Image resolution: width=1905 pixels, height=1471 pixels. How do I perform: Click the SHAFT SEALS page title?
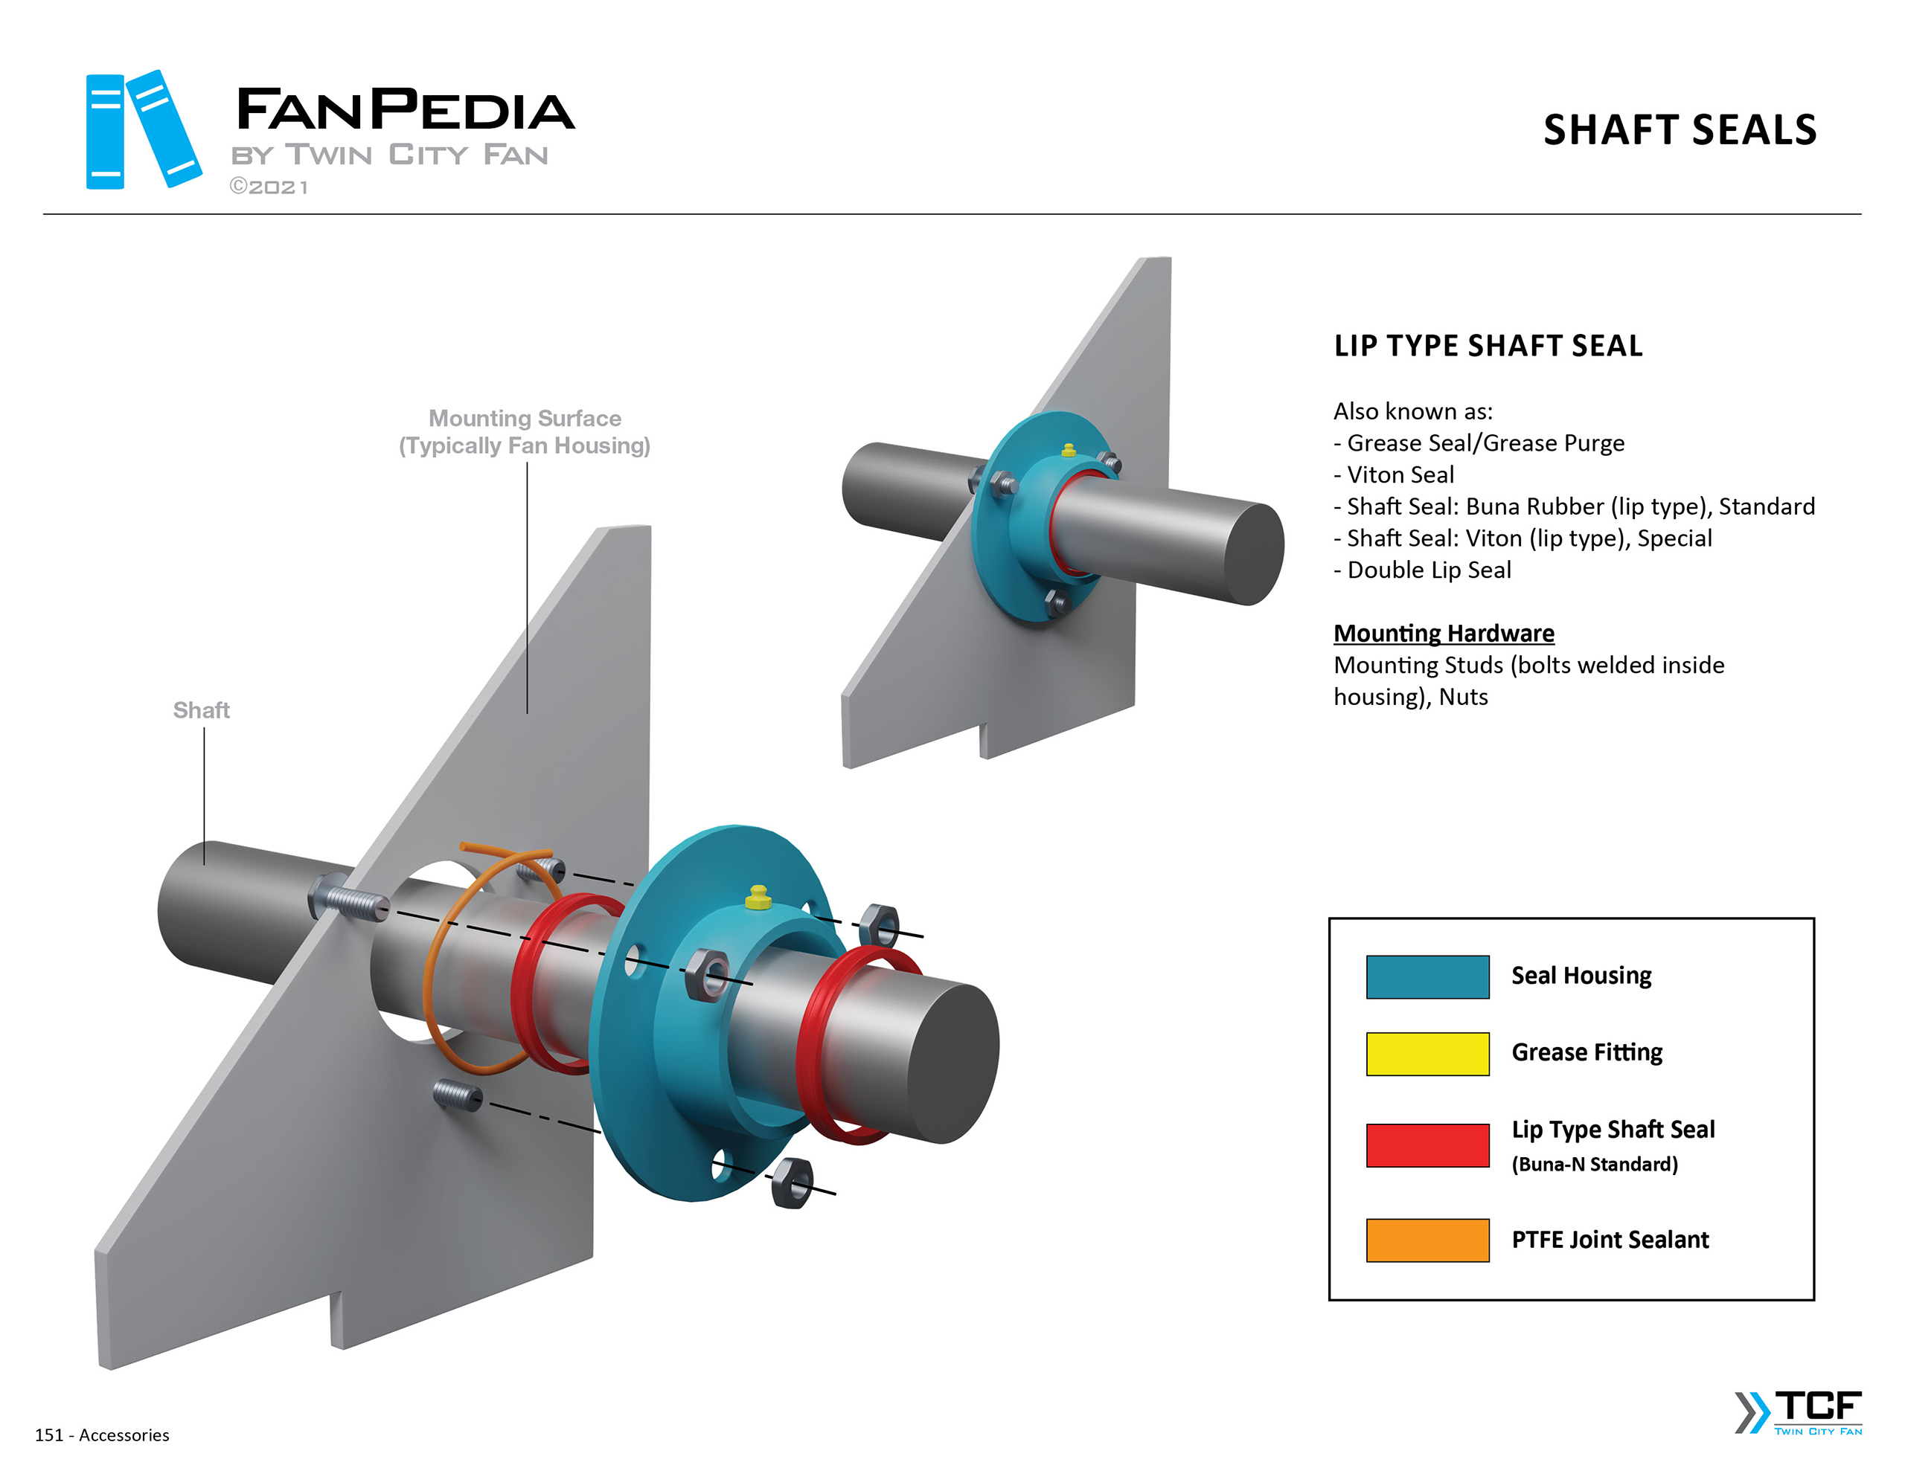point(1679,130)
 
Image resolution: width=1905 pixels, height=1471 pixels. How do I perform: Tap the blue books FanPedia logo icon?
point(142,130)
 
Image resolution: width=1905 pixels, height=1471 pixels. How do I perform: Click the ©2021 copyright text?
point(269,187)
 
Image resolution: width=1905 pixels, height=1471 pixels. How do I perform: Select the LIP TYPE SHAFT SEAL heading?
point(1488,346)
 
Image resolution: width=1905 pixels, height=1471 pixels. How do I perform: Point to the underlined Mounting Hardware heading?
point(1444,633)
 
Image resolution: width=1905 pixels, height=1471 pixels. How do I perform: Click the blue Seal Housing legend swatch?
point(1427,976)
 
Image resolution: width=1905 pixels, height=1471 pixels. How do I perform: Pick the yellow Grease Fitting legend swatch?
point(1427,1053)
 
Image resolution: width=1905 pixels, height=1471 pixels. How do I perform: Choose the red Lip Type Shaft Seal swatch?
point(1427,1145)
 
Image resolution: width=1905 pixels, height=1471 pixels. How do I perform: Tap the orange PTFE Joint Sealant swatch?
point(1427,1240)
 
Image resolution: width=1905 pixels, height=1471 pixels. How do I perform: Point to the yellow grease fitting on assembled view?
point(1069,450)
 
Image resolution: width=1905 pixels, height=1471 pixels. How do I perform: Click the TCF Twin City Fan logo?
point(1799,1412)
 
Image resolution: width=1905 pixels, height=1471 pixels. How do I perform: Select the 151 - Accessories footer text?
point(102,1435)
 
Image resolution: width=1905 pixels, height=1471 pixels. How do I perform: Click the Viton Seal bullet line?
point(1395,475)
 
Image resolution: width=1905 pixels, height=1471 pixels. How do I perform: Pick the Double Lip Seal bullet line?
point(1423,570)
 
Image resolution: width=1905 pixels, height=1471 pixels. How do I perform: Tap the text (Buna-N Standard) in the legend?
point(1595,1165)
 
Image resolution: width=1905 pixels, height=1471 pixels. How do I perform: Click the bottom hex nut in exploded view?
point(792,1182)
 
